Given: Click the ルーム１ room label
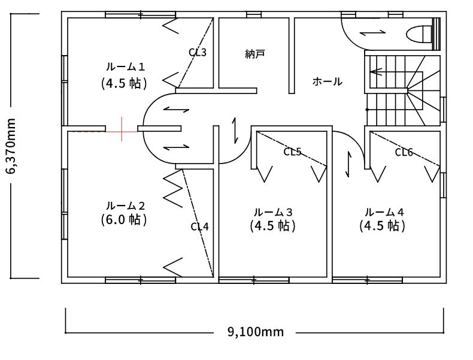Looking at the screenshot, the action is tap(125, 66).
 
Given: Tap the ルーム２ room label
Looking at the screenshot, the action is tap(125, 206).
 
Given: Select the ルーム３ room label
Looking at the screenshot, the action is tap(273, 212).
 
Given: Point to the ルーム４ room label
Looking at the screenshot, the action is tap(384, 212).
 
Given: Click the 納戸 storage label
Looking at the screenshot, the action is tap(255, 54).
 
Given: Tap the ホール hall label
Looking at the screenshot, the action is tap(328, 81).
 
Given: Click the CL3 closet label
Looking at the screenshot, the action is tap(198, 53).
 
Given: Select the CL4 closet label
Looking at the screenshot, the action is tap(200, 226).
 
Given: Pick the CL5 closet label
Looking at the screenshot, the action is tap(292, 152).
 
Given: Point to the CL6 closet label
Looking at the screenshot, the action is tap(404, 152).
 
